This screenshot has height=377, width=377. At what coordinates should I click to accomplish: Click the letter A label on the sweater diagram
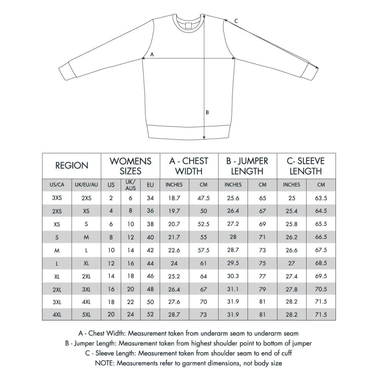tap(152, 54)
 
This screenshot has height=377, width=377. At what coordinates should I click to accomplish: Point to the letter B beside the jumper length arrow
tap(207, 112)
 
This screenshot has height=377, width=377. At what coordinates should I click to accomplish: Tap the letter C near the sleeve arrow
tap(236, 21)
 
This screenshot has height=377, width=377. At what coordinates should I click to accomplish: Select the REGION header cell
tap(72, 165)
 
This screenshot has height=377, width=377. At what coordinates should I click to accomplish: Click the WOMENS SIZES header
tap(130, 166)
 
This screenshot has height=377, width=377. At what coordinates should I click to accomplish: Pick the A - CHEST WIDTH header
tap(189, 166)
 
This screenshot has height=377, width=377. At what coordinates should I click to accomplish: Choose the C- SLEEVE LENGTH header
tap(305, 166)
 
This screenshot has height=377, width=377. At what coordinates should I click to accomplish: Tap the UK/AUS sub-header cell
tap(131, 185)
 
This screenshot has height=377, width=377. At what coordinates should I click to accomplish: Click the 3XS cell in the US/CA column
tap(57, 198)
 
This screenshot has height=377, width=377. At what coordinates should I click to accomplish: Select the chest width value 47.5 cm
tap(204, 198)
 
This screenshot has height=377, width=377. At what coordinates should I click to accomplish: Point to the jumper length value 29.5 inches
tap(233, 263)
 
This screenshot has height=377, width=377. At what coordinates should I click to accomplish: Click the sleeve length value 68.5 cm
tap(321, 263)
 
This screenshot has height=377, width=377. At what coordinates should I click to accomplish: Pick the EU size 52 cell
tap(150, 314)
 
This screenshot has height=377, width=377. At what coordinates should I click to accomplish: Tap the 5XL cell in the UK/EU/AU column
tap(86, 314)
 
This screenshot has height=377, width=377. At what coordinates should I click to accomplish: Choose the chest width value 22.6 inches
tap(174, 250)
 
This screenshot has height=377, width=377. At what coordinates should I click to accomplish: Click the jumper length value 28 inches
tap(233, 238)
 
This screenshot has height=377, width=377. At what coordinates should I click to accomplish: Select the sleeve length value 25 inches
tap(292, 198)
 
